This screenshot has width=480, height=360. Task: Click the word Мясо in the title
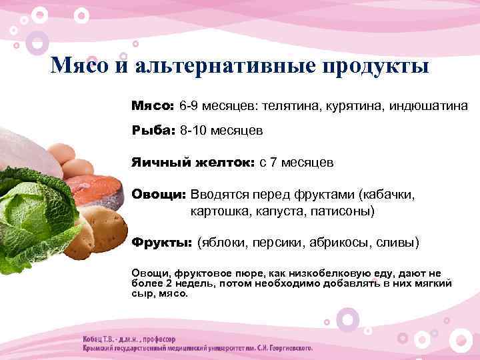[77, 67]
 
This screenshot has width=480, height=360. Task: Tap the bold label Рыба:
[153, 130]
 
